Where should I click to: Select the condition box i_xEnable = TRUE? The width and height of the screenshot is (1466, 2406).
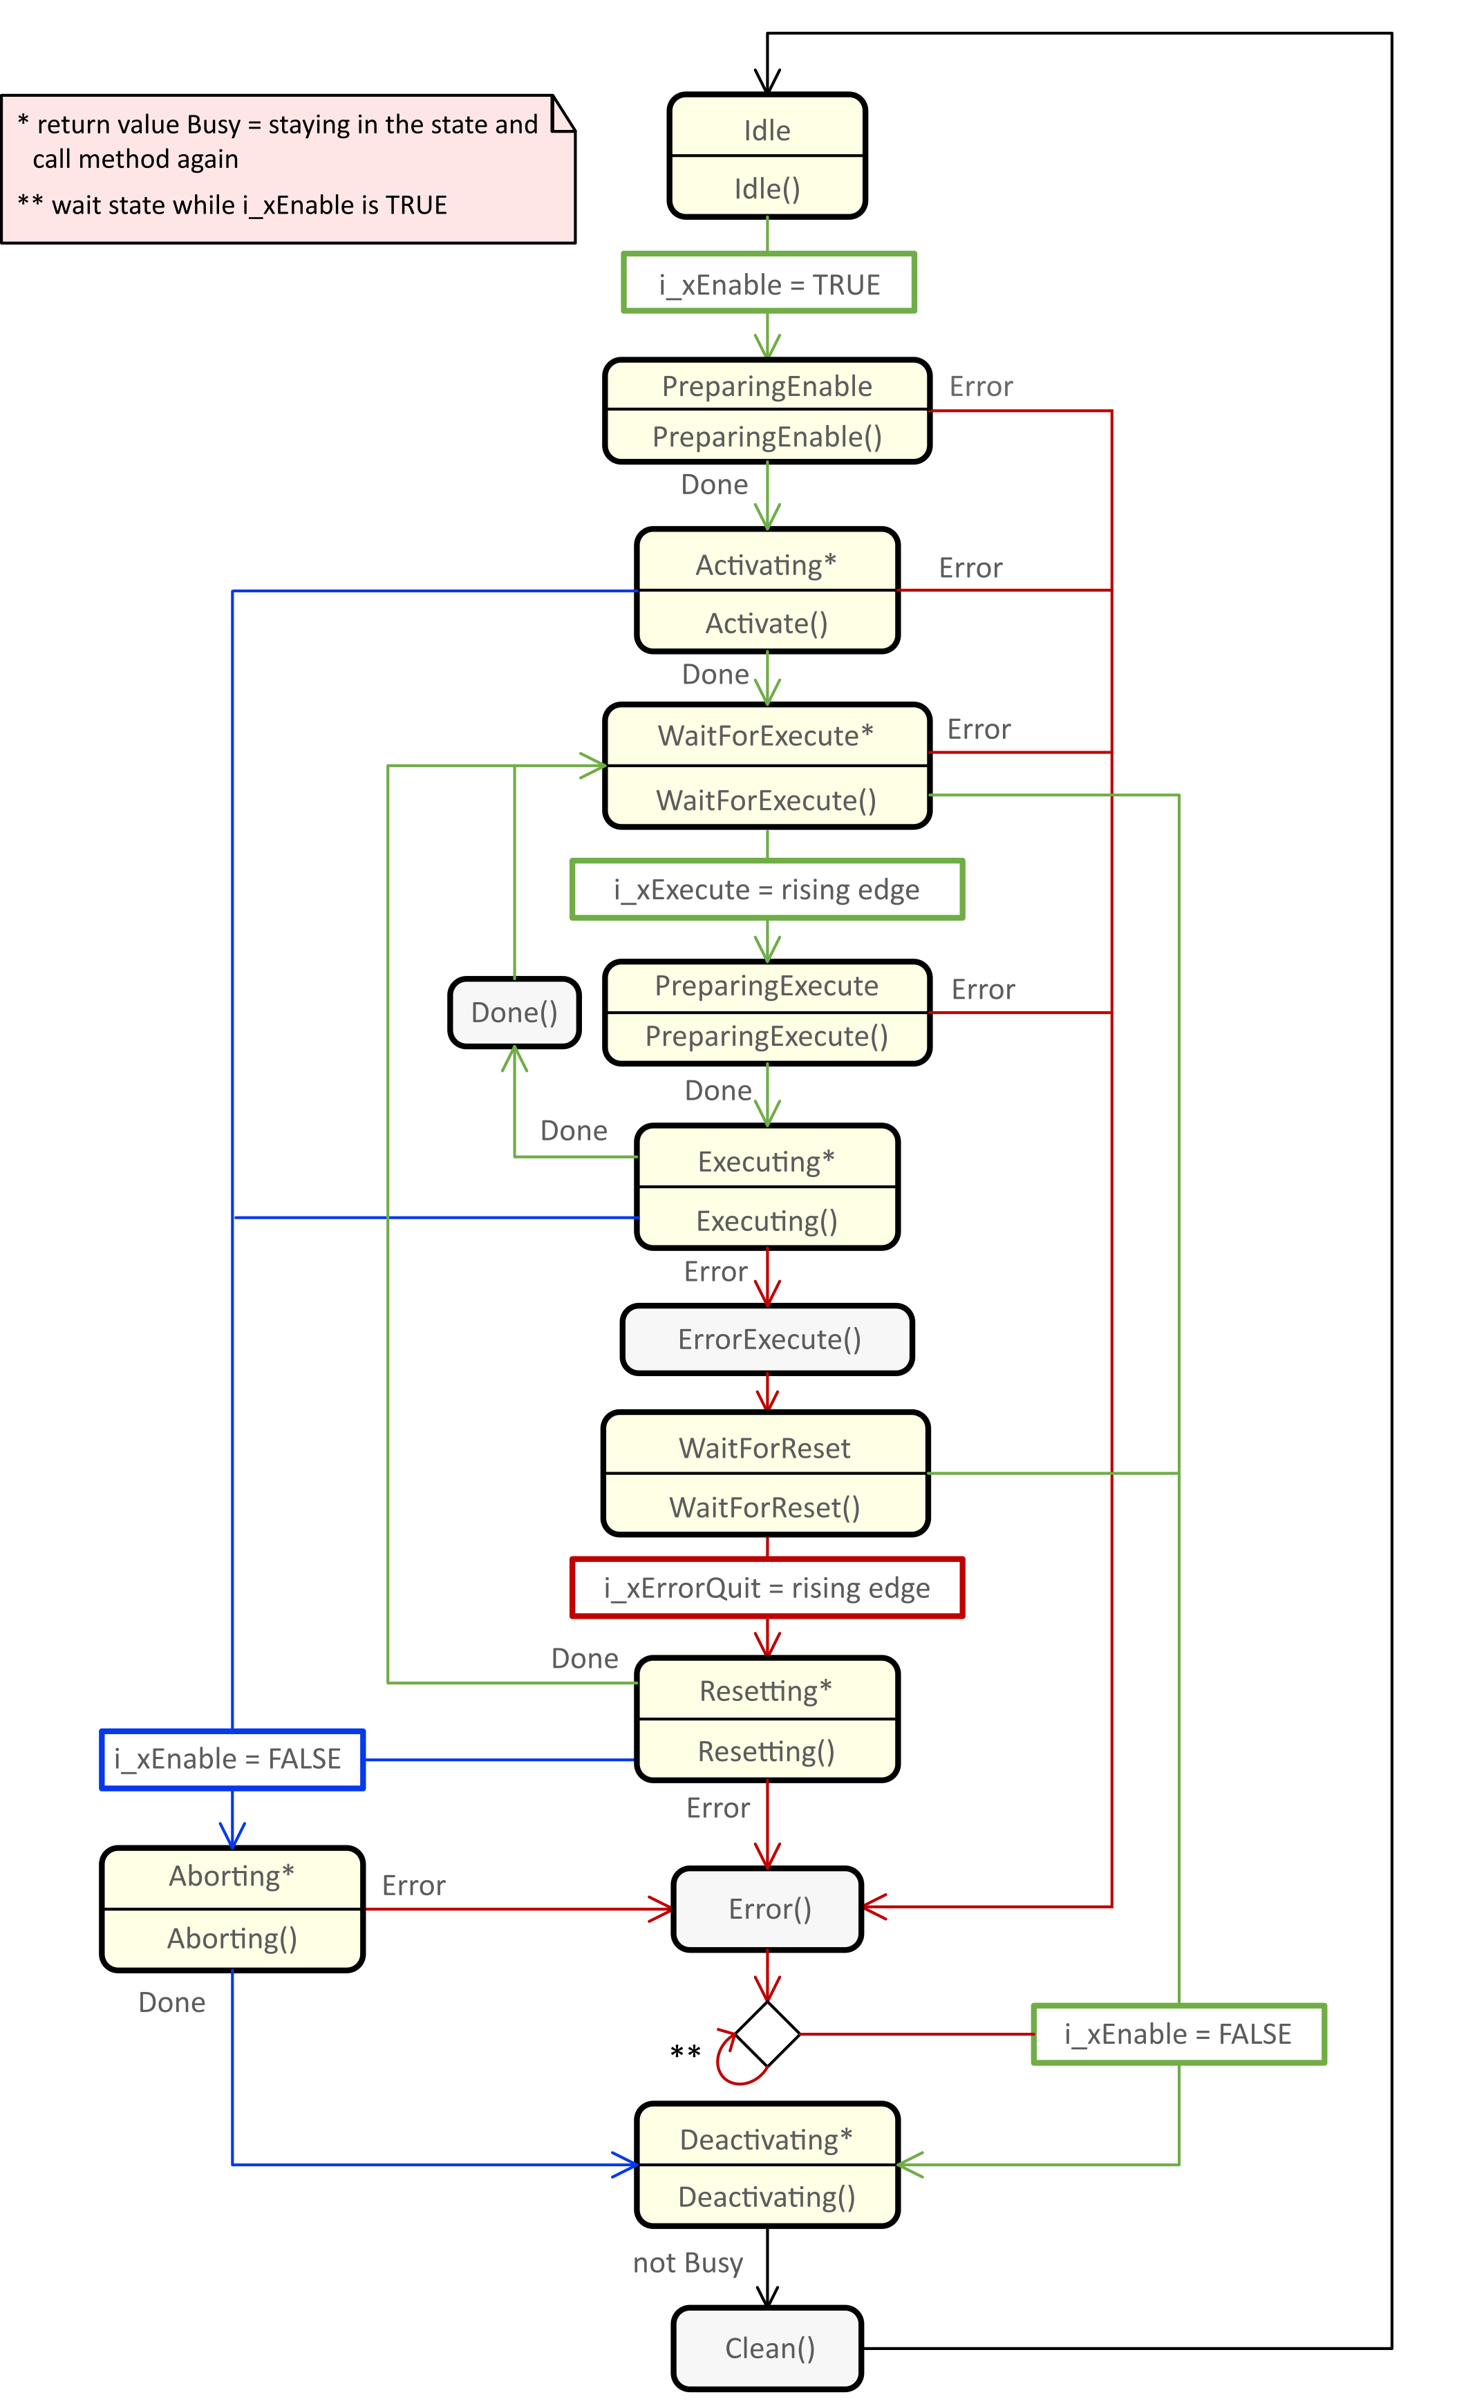point(769,284)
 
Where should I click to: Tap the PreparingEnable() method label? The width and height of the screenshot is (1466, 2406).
point(767,436)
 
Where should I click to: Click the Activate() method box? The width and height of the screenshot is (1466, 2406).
point(767,622)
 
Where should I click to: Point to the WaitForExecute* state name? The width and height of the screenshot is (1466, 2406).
point(766,735)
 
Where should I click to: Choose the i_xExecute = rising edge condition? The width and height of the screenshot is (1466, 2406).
point(767,890)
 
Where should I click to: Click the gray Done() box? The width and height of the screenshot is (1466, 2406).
point(514,1013)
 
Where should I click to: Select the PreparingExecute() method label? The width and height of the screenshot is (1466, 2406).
point(767,1036)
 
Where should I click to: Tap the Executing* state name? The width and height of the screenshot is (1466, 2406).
point(767,1161)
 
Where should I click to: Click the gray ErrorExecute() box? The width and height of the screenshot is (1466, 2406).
point(769,1339)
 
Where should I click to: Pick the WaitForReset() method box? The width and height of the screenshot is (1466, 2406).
point(764,1507)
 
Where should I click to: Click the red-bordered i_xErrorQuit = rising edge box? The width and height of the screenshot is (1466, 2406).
point(767,1588)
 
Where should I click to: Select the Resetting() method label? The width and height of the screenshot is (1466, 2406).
point(767,1751)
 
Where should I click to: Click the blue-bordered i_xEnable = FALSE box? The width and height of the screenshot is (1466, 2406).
point(232,1758)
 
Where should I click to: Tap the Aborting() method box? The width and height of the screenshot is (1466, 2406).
point(232,1937)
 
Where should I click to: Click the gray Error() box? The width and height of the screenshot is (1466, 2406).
point(769,1909)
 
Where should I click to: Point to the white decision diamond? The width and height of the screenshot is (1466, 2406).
point(768,2034)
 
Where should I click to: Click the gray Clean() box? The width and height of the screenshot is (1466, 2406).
point(769,2349)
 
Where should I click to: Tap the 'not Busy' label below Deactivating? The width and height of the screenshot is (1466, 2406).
point(688,2262)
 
